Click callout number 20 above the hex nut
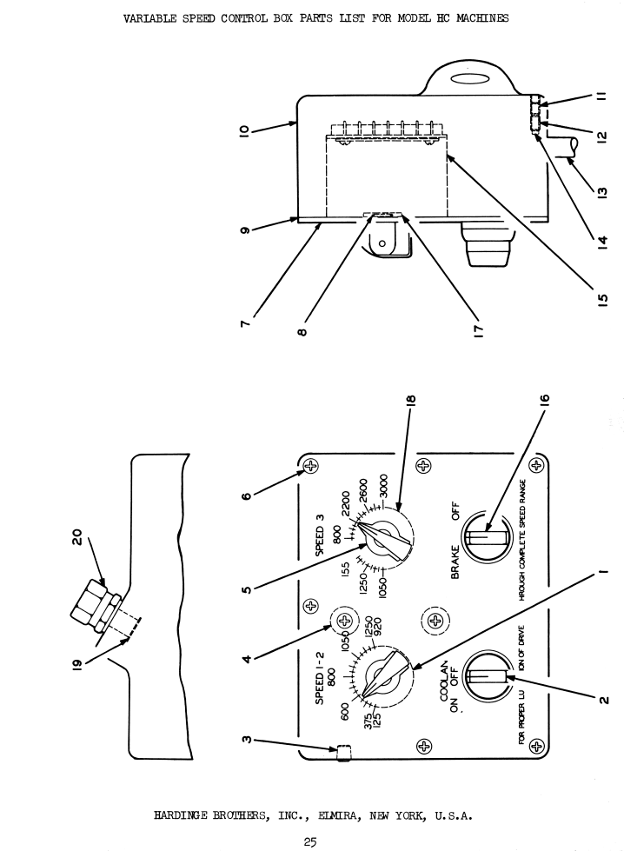[x=77, y=536]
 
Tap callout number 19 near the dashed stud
[x=76, y=665]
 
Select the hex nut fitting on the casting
[x=95, y=605]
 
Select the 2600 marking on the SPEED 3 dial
[x=363, y=490]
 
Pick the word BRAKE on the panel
[x=455, y=562]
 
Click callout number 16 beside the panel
[x=545, y=400]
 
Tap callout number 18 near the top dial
[x=410, y=400]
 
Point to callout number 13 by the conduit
[x=601, y=192]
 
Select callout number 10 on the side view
[x=245, y=130]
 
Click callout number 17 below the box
[x=478, y=330]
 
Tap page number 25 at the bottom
[x=310, y=841]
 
